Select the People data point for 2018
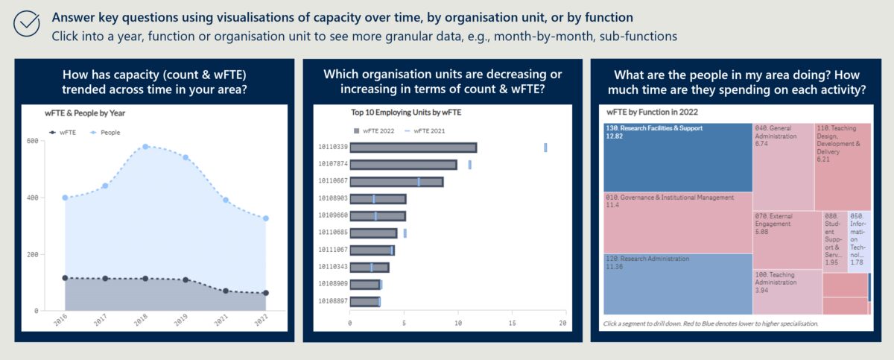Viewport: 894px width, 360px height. (145, 147)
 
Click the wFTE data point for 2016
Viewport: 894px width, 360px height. (65, 278)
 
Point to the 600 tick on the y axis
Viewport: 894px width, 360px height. (32, 141)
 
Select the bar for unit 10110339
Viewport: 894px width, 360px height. (413, 148)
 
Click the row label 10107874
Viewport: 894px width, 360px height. (332, 165)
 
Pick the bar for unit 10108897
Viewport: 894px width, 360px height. (364, 301)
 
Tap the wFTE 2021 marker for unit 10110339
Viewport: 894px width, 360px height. (545, 148)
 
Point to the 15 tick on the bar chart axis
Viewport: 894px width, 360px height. (512, 323)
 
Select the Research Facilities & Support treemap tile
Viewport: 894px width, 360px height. (677, 157)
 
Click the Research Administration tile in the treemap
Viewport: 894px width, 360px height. (677, 283)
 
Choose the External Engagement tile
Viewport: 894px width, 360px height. (787, 239)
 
